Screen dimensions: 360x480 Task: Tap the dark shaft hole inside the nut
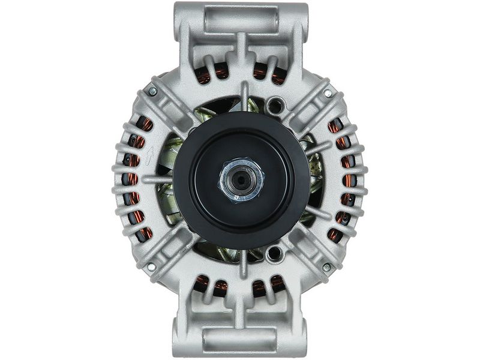(241, 179)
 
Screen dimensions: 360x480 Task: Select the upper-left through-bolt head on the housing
(152, 92)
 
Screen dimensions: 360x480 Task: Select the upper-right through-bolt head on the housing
(328, 94)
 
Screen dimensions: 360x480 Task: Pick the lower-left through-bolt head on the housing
(151, 266)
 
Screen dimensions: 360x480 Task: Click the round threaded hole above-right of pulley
(275, 107)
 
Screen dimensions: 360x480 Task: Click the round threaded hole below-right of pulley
(275, 253)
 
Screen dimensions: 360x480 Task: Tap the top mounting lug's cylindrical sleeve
(240, 20)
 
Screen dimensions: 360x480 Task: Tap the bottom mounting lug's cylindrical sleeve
(240, 340)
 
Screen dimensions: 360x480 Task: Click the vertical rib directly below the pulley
(244, 265)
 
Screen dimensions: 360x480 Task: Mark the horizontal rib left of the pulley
(157, 179)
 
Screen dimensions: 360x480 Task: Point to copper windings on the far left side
(136, 180)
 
